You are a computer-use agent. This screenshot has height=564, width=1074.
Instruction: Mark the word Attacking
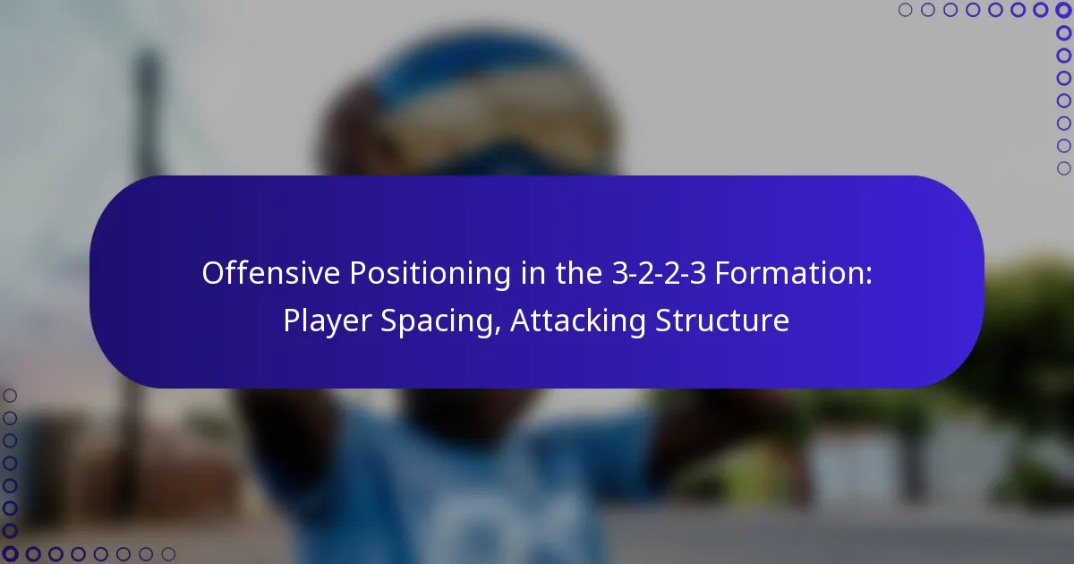point(578,320)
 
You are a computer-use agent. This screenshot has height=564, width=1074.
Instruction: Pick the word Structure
point(723,320)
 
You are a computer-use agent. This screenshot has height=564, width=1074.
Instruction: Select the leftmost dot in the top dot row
point(905,10)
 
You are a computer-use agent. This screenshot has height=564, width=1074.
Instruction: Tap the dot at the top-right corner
point(1063,10)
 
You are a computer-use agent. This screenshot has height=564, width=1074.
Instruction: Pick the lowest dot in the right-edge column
point(1063,167)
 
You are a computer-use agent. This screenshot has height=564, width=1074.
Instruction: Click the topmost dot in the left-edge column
point(10,396)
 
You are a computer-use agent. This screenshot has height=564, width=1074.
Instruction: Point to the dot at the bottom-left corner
point(10,554)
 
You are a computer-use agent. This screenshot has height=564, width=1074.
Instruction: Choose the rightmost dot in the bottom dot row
point(168,554)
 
